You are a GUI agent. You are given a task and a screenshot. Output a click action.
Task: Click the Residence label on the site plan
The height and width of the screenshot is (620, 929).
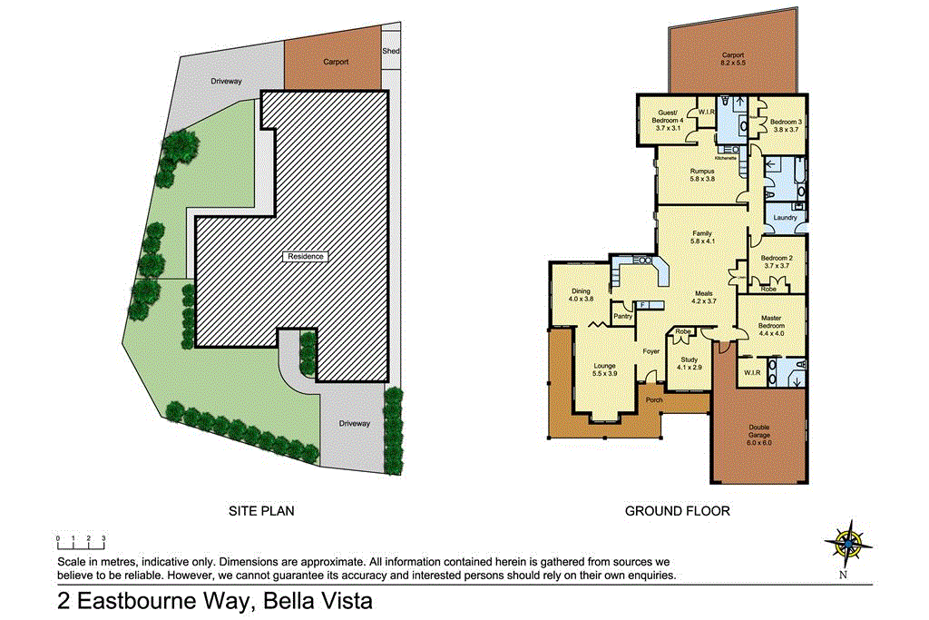305,256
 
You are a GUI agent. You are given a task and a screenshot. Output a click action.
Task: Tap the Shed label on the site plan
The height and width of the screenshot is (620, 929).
391,52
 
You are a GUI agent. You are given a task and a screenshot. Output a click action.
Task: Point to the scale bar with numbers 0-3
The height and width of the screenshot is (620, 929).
80,542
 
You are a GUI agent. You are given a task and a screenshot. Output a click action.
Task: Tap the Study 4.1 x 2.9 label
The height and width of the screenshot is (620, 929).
689,363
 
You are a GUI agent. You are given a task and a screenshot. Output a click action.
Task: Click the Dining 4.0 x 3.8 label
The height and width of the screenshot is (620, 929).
581,295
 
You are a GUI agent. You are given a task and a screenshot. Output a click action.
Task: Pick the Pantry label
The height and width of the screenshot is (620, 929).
622,317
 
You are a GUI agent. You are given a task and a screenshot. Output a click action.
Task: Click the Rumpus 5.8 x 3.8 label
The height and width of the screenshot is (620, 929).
702,174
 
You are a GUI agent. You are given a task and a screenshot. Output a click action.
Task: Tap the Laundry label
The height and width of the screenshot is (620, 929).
785,217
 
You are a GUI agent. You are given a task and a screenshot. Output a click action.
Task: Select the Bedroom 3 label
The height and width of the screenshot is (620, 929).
786,125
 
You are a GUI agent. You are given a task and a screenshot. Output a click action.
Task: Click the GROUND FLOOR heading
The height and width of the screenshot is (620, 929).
677,511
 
